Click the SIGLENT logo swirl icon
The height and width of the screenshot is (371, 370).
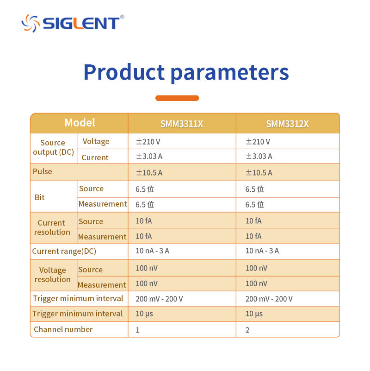31,23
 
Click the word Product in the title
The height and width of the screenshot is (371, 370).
124,72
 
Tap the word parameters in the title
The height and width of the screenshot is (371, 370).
230,73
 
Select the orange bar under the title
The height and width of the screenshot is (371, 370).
177,98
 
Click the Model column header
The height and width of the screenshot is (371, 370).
80,123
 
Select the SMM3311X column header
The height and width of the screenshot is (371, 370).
181,124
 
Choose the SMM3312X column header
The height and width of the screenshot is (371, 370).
287,124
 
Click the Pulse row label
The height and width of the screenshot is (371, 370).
43,171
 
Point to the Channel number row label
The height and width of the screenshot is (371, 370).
63,329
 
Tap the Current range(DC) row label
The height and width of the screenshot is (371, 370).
64,251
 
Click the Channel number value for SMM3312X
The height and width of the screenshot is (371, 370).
247,330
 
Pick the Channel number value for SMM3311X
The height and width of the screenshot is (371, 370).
137,330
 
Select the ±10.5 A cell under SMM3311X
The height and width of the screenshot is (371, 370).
149,172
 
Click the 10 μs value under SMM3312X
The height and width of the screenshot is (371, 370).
254,314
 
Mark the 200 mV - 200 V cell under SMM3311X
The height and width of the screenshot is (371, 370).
159,299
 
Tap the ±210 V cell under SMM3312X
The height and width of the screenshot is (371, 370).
258,142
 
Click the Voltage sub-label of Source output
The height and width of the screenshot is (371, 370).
96,141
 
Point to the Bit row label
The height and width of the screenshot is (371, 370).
39,197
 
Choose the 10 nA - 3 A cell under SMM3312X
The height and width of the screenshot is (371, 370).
262,251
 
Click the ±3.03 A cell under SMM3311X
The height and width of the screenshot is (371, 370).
149,156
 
